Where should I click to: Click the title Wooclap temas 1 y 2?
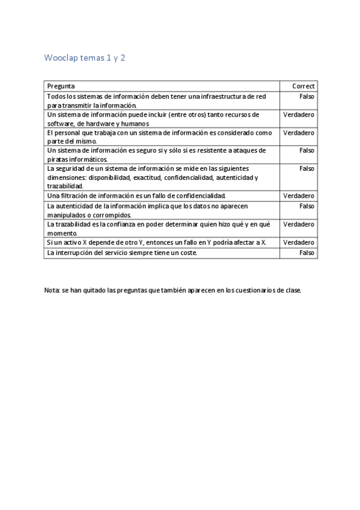click(x=85, y=58)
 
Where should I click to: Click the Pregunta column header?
click(x=61, y=86)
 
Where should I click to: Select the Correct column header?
click(x=304, y=86)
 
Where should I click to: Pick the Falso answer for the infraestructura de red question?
click(x=307, y=96)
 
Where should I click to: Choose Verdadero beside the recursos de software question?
click(x=299, y=114)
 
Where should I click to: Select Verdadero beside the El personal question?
click(x=299, y=132)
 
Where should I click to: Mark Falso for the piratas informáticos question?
click(x=307, y=150)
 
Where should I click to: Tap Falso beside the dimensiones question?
click(x=307, y=168)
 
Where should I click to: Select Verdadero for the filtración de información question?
click(x=299, y=196)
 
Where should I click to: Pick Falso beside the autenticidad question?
click(x=307, y=206)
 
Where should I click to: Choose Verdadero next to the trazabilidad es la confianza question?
click(x=299, y=224)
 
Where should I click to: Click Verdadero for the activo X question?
click(x=299, y=242)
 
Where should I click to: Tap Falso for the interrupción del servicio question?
click(x=307, y=253)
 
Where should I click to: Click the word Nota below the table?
click(x=52, y=290)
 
